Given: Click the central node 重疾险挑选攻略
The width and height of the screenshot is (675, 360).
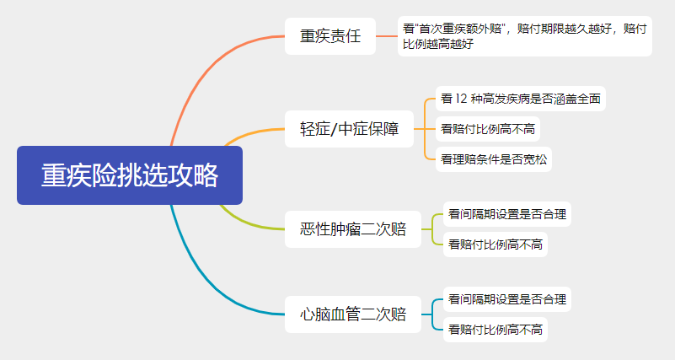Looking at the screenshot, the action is [x=130, y=175].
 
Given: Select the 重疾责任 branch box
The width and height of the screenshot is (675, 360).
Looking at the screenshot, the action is [x=329, y=36].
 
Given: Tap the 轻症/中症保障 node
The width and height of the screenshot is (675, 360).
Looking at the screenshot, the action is [x=350, y=129].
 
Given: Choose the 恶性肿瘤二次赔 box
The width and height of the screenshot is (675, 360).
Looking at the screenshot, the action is [x=353, y=229].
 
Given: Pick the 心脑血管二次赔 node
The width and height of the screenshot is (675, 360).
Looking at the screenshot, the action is [x=353, y=315].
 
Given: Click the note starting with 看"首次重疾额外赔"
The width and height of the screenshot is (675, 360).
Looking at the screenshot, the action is [x=524, y=36].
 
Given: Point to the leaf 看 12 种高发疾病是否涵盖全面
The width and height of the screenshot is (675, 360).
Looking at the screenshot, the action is [x=521, y=99].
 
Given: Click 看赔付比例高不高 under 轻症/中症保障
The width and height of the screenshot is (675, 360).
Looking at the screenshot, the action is [x=489, y=129].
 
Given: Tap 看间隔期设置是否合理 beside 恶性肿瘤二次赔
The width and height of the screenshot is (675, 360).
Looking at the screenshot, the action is [x=506, y=214].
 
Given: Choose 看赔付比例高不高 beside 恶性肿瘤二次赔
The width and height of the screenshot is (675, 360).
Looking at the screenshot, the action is [x=495, y=244].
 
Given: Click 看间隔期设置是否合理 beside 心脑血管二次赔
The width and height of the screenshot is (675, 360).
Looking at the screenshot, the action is [x=506, y=299].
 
